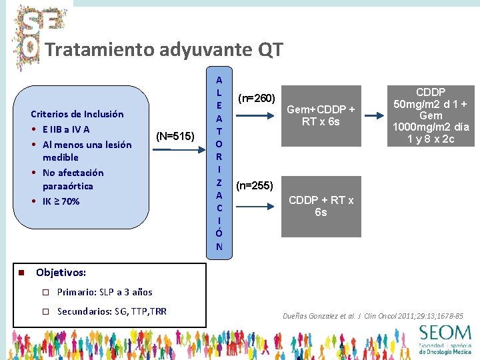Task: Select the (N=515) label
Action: click(175, 137)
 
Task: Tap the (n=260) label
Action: click(257, 99)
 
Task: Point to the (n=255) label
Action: click(255, 185)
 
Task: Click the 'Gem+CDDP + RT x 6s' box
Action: click(321, 115)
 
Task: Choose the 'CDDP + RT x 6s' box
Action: click(321, 206)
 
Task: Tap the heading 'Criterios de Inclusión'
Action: click(77, 114)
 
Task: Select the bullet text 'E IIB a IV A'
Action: click(66, 129)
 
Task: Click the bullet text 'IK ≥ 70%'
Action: click(61, 201)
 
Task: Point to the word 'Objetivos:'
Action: click(61, 273)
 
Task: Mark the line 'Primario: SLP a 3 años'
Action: click(105, 292)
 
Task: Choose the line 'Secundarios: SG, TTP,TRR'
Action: click(112, 311)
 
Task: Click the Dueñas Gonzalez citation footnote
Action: click(373, 315)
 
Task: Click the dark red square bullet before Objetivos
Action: click(21, 273)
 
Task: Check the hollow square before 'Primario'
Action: click(46, 292)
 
